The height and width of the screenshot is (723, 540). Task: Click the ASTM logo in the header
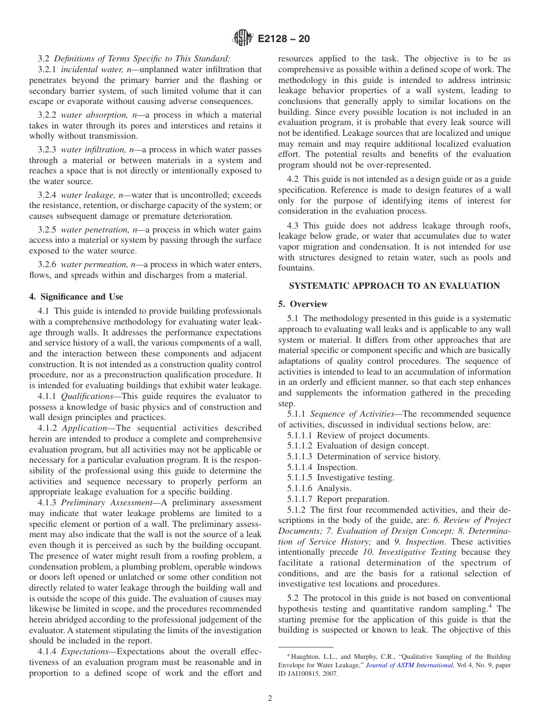243,39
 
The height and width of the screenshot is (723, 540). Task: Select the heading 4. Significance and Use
76,297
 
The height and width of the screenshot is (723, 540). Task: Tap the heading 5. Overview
303,304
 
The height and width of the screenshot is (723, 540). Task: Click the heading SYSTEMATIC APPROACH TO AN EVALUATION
394,286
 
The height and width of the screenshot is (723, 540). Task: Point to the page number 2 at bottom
269,698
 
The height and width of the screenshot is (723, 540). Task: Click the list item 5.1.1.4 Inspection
322,467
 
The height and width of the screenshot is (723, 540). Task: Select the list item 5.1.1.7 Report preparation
338,499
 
